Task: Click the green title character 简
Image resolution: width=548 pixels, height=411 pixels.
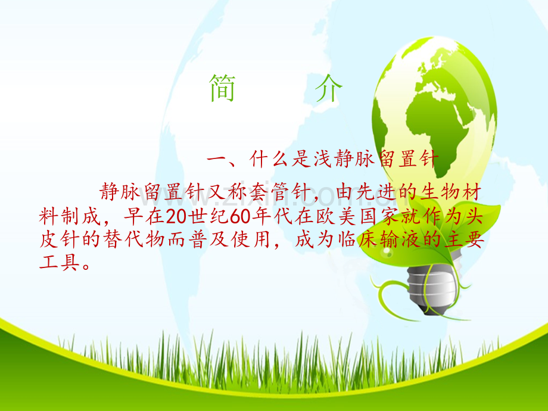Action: click(222, 88)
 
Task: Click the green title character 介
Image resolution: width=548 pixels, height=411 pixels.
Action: click(328, 88)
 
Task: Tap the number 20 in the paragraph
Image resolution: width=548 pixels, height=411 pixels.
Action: click(176, 217)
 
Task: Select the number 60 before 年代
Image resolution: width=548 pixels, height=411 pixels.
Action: click(241, 217)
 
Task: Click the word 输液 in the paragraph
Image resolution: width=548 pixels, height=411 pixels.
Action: click(400, 239)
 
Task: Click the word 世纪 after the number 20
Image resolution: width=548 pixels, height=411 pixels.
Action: click(208, 216)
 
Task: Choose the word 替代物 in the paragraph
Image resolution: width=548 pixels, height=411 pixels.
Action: click(134, 239)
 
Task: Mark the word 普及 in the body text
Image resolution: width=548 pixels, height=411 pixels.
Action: click(208, 239)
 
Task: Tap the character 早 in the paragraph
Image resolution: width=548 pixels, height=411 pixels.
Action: click(134, 216)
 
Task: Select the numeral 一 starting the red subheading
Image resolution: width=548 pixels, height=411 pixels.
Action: click(217, 160)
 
